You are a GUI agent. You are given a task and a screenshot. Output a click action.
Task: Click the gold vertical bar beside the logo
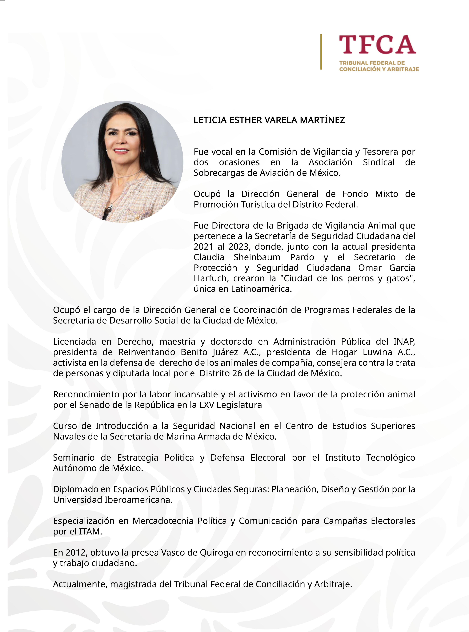tap(321, 52)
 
